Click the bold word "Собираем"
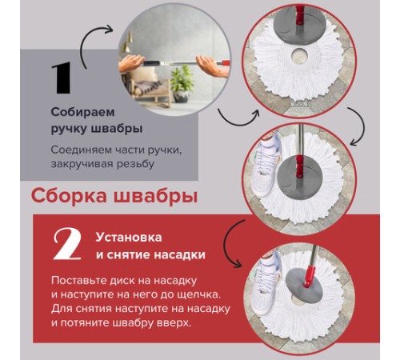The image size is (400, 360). [x=79, y=112]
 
